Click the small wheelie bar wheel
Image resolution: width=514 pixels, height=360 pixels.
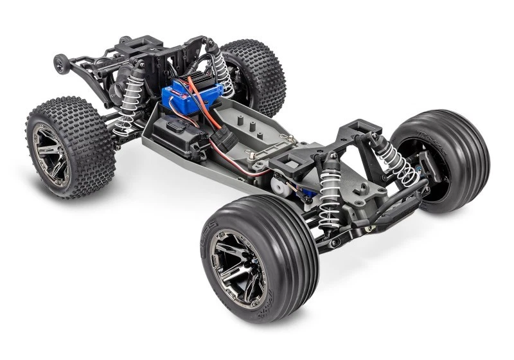pyautogui.click(x=61, y=64)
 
